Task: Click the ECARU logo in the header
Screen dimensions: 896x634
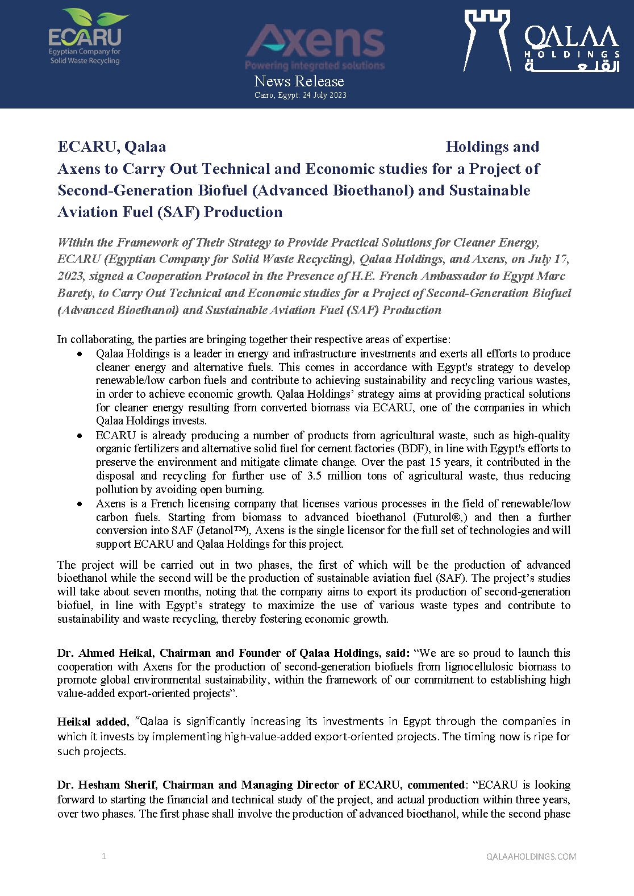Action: pos(85,37)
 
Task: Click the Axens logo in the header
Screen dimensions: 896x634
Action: pos(315,46)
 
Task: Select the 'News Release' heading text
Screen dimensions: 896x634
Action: pos(299,81)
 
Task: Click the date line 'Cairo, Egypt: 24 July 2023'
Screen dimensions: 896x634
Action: pos(300,95)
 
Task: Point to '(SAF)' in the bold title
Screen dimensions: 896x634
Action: pos(180,212)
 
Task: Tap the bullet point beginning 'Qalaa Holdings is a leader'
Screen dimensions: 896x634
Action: pos(80,354)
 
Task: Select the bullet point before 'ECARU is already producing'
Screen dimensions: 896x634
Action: pos(80,436)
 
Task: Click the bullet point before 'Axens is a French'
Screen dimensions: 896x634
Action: pos(80,504)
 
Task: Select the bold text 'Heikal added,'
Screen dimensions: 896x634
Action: pos(93,722)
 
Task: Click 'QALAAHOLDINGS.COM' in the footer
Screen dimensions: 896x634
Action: pos(531,857)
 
